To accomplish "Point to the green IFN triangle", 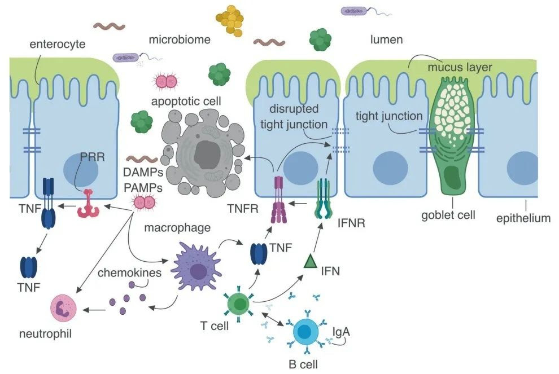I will [310, 261].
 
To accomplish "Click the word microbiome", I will [180, 40].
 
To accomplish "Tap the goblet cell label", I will [448, 215].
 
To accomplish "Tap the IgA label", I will [342, 331].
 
